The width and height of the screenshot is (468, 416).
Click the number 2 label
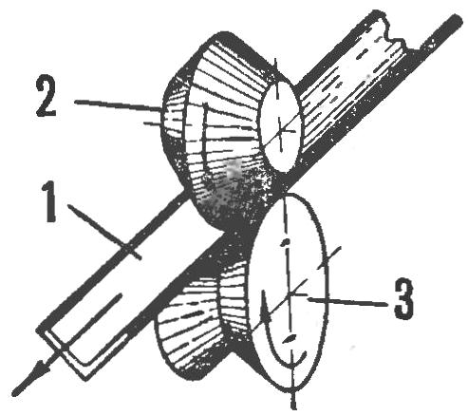pos(47,97)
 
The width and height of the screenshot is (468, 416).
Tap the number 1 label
pos(50,204)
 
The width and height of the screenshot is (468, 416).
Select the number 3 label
pos(404,299)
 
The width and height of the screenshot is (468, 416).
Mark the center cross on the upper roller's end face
pos(279,129)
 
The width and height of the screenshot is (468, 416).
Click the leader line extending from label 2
pos(119,105)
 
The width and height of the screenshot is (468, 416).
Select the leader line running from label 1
pos(104,232)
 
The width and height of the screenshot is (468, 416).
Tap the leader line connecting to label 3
pos(347,300)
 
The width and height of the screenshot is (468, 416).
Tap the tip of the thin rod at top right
pos(458,17)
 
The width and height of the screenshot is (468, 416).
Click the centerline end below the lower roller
pos(294,403)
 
